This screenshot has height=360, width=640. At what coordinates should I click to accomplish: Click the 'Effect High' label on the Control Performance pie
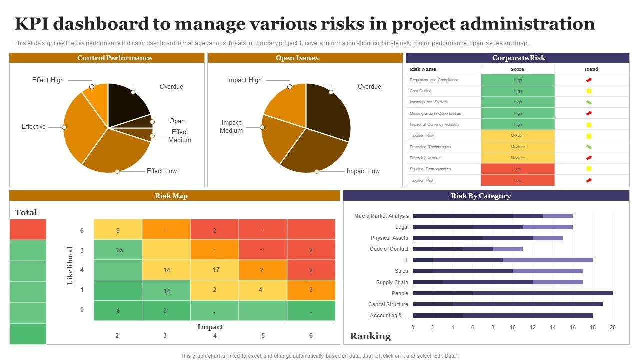click(48, 80)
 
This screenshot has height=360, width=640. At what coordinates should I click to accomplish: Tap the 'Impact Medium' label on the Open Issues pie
click(231, 126)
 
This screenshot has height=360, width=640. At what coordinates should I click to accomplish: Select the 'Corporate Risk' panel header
click(518, 58)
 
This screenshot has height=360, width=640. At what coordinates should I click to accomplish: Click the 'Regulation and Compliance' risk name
click(434, 80)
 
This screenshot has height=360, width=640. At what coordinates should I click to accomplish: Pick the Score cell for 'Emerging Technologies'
click(518, 147)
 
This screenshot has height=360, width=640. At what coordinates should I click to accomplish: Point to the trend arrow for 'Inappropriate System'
click(589, 102)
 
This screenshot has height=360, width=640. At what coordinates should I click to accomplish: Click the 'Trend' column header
click(591, 69)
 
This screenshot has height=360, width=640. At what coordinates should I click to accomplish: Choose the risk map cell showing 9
click(118, 230)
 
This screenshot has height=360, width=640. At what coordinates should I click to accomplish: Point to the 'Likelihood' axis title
click(70, 266)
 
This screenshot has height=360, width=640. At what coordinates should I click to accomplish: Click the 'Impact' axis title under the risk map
click(210, 327)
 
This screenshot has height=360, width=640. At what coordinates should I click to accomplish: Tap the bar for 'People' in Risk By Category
click(513, 293)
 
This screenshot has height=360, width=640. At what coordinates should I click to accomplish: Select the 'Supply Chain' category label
click(392, 282)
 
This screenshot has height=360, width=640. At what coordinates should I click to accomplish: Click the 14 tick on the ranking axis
click(553, 328)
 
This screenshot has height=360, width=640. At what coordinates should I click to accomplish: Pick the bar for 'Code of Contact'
click(468, 249)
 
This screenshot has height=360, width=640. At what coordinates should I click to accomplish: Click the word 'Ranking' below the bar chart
click(370, 336)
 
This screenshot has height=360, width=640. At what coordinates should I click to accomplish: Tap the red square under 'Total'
click(28, 230)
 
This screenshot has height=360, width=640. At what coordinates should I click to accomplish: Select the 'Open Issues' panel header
click(297, 58)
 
